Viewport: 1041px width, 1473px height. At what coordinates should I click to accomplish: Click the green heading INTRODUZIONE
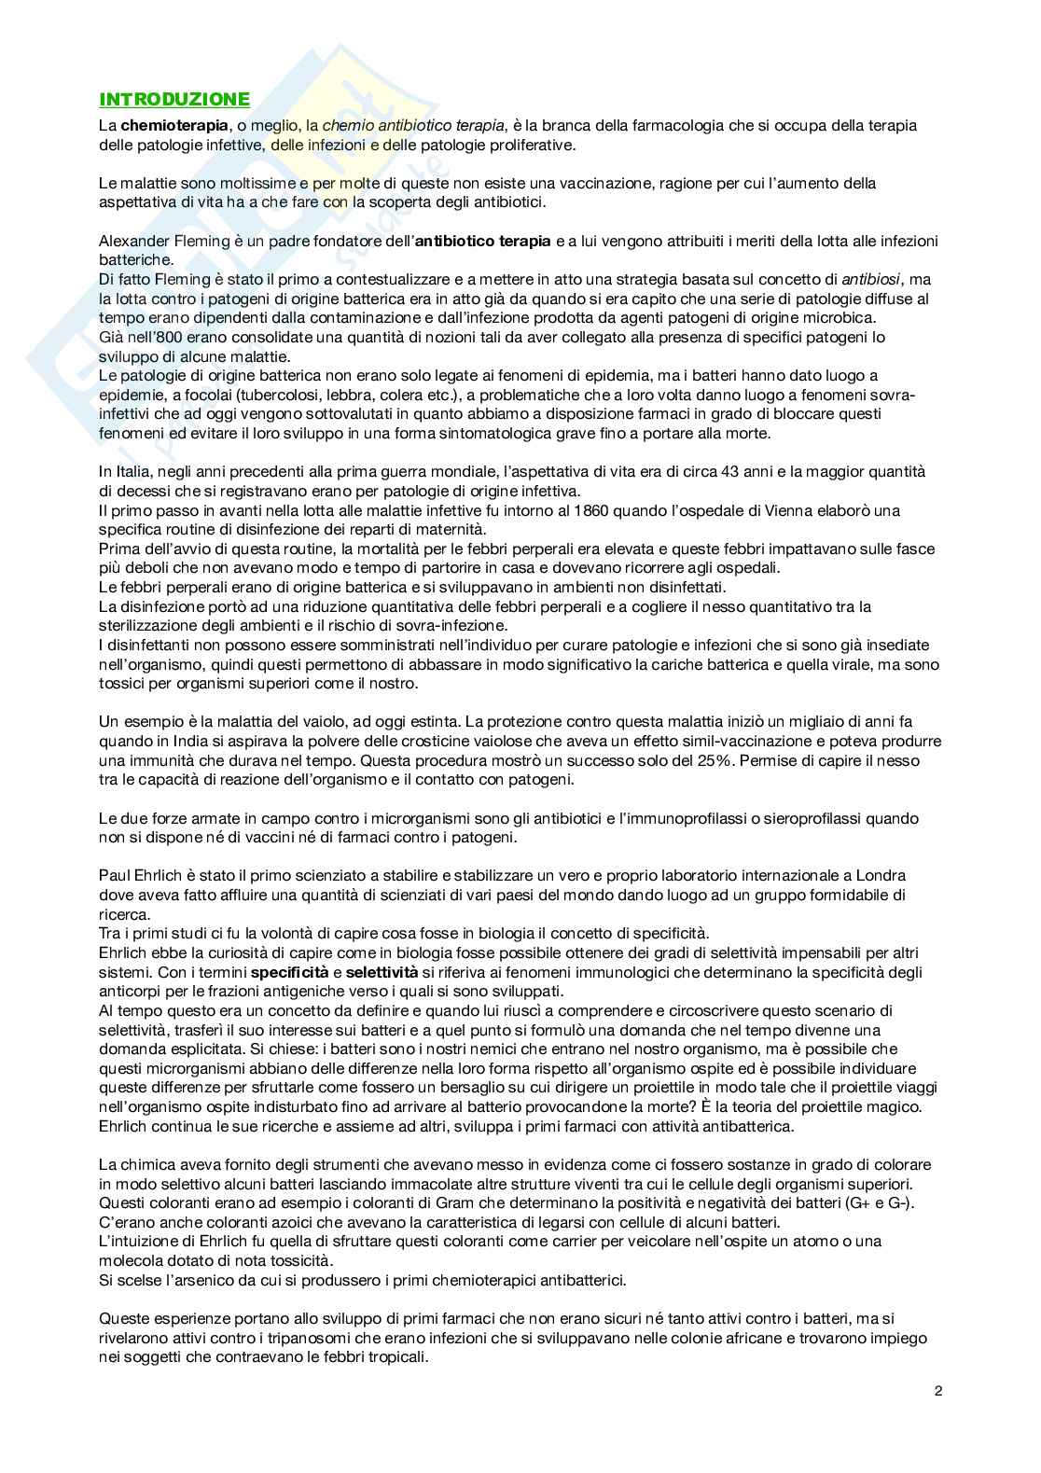coord(174,100)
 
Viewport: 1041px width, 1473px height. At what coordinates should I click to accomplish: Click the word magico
coord(889,1106)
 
